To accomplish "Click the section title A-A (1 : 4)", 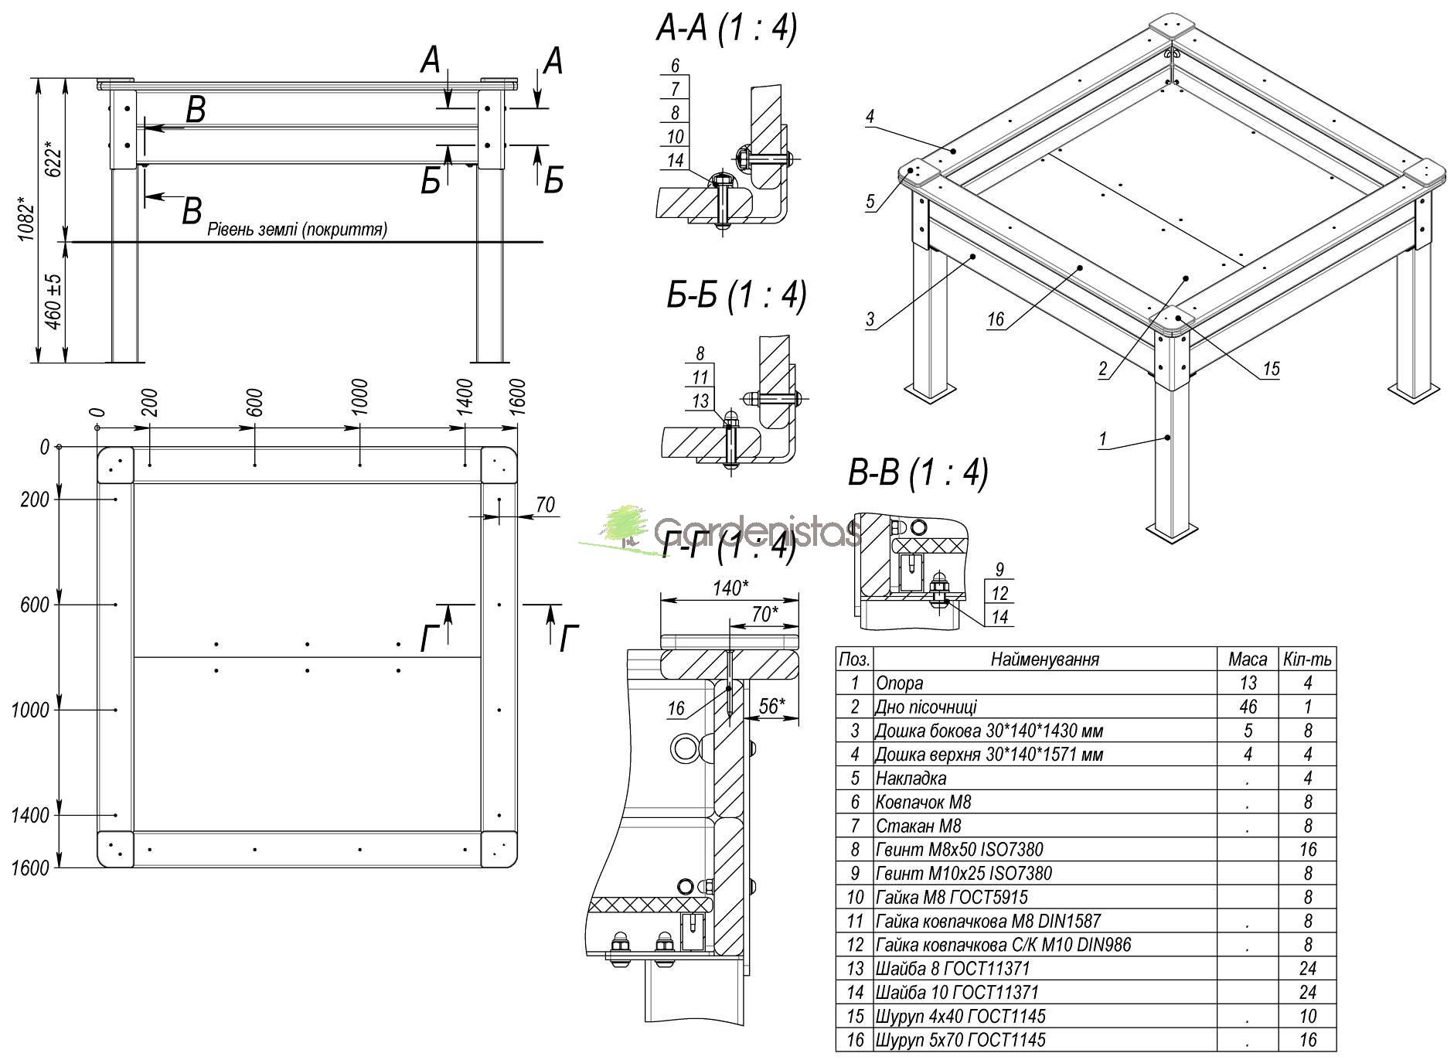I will click(x=726, y=29).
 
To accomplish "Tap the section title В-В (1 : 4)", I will click(x=918, y=472).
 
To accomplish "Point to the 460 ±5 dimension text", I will click(x=54, y=302).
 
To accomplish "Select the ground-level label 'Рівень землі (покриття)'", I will click(x=297, y=230).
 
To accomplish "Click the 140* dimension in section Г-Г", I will click(x=730, y=588).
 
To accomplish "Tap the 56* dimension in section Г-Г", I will click(x=771, y=706).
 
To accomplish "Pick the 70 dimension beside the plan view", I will click(x=545, y=505).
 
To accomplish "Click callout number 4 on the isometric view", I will click(x=870, y=117).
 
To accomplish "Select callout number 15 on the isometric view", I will click(x=1271, y=370).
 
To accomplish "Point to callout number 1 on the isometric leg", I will click(x=1103, y=439).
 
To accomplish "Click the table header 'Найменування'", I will click(x=1044, y=660).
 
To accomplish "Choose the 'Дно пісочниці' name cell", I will click(x=925, y=707).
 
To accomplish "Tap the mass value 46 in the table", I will click(x=1247, y=707).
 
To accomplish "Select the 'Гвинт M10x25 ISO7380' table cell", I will click(x=962, y=874).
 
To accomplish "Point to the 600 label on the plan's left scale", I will click(x=33, y=605).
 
